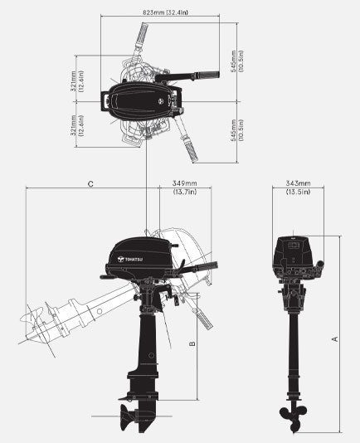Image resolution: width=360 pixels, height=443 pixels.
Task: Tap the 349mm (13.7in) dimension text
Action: coord(184,187)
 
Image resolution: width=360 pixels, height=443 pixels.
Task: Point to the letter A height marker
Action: coord(334,338)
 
